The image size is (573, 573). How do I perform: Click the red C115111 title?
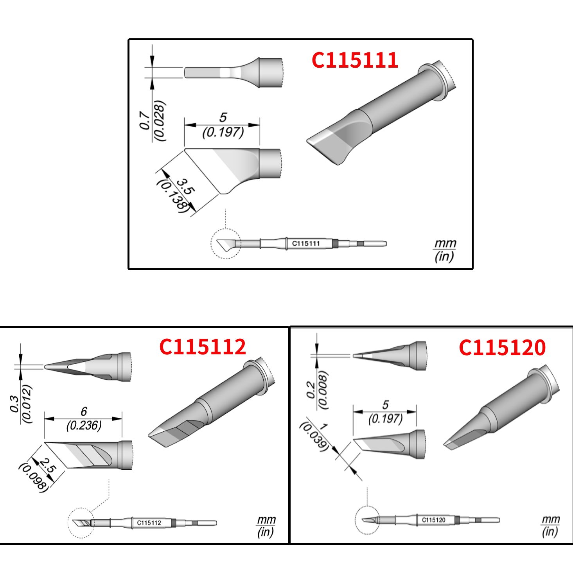355,60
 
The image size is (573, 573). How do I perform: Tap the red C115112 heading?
203,347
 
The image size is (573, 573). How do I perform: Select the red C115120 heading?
502,347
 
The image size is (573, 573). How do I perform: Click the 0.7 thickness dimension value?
145,120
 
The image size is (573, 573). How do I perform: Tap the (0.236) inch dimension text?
84,425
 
